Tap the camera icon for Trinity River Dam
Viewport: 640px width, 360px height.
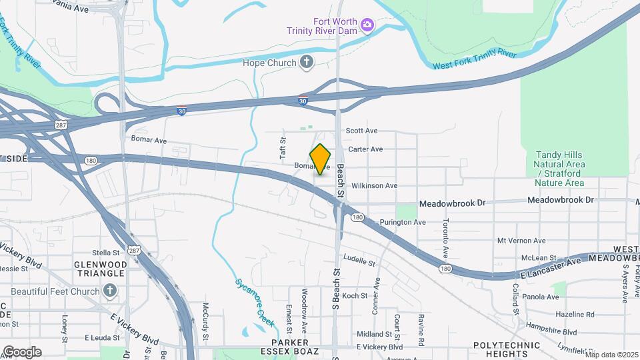[366, 25]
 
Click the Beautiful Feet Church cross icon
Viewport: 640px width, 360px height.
[111, 291]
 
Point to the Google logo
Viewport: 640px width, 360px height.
[22, 352]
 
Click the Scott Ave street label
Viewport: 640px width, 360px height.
[362, 131]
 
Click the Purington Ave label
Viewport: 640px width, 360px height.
[402, 222]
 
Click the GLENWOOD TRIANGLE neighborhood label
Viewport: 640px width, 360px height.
[100, 269]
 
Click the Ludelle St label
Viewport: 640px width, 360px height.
[360, 260]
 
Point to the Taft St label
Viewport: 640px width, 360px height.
[282, 149]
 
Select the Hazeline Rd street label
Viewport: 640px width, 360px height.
[575, 314]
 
